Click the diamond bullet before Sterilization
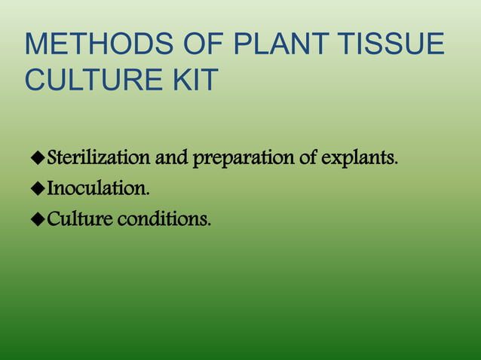37,160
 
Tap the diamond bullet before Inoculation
37,189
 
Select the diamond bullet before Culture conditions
37,219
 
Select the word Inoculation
97,189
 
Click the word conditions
164,219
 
